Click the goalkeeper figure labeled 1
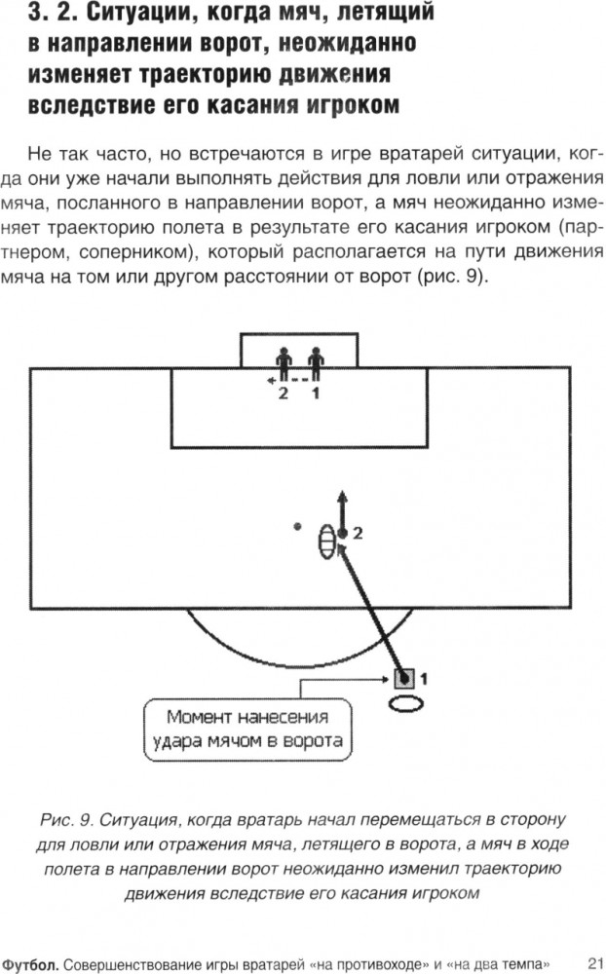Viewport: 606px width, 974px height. point(316,363)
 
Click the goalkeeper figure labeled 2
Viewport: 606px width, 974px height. point(284,363)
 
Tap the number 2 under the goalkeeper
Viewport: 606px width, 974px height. point(284,393)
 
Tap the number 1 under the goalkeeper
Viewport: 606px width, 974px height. point(316,393)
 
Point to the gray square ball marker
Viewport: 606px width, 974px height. point(404,679)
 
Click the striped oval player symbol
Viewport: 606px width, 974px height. point(327,542)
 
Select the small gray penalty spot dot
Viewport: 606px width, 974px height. point(298,527)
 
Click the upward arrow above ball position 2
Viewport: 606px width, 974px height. point(342,510)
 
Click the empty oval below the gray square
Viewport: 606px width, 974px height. point(406,703)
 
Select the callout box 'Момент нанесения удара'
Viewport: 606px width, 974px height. point(248,730)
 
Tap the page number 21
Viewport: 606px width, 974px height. point(595,964)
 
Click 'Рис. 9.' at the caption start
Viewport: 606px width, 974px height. point(66,820)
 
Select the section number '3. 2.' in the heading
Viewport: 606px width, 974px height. point(52,13)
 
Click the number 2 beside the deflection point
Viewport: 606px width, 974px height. point(358,533)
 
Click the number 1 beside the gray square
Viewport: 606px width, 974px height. point(423,679)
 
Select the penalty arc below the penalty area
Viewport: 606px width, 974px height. point(298,666)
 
